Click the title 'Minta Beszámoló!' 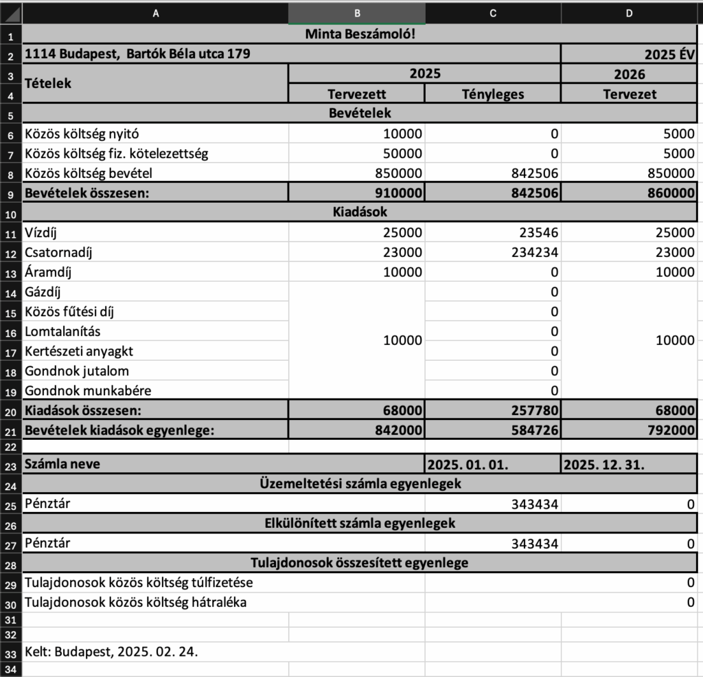click(360, 34)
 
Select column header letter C click(492, 12)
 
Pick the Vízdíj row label click(43, 232)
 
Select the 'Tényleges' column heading click(492, 93)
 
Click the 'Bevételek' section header click(360, 113)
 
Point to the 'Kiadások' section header click(360, 212)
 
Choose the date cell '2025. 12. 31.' click(603, 464)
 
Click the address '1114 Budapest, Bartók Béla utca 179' click(137, 54)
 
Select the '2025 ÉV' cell click(669, 54)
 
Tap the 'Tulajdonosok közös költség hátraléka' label click(135, 603)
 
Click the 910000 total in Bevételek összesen click(397, 193)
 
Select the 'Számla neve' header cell click(62, 464)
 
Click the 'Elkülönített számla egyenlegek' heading click(360, 523)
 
